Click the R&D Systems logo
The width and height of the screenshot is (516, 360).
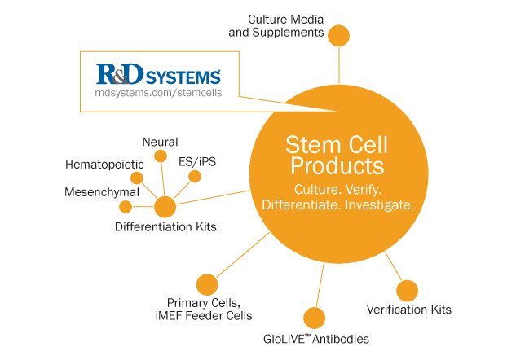coord(158,76)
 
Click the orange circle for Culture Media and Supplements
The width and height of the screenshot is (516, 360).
coord(338,36)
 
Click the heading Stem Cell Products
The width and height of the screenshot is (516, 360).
coord(335,156)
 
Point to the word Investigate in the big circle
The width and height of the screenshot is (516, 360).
coord(378,204)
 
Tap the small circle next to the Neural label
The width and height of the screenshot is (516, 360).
coord(161,156)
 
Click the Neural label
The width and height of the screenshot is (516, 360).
coord(160,142)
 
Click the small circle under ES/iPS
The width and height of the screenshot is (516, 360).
coord(194,176)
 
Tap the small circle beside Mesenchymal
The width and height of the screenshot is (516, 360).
coord(126,207)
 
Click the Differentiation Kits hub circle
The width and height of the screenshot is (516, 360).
coord(165,206)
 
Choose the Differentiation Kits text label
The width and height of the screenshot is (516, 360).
coord(165,227)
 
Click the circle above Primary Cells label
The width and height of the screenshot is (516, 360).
coord(207,285)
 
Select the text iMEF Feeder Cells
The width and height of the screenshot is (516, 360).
coord(209,316)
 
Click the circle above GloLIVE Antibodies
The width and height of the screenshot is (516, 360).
coord(314,318)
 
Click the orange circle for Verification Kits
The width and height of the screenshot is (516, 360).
coord(407,290)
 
